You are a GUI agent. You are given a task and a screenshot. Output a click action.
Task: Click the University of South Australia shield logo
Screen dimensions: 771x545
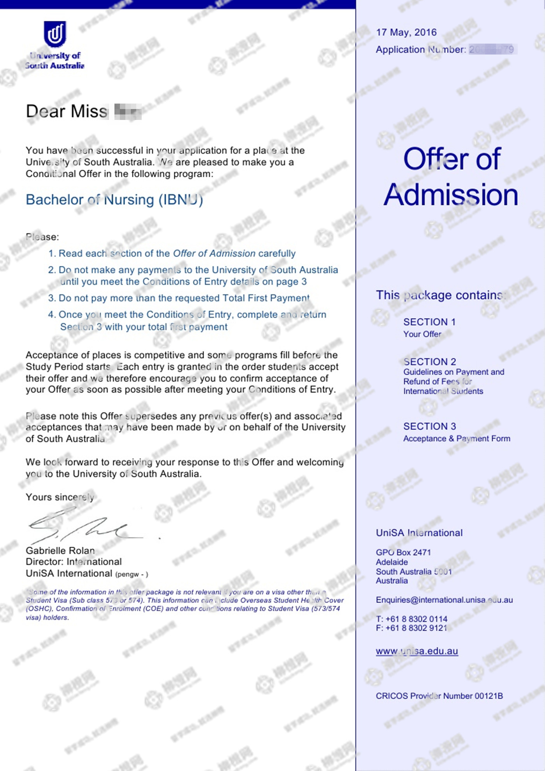55,34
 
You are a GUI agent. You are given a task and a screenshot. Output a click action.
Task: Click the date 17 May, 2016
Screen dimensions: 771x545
406,32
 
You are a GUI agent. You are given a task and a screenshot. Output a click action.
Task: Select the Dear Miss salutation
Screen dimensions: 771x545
67,111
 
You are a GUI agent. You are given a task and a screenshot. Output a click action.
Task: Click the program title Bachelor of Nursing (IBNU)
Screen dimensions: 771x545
114,200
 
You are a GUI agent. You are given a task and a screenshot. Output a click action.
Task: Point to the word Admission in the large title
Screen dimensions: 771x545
451,195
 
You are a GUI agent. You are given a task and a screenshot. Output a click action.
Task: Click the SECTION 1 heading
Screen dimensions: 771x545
429,322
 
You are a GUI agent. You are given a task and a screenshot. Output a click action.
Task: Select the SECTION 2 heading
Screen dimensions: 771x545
429,362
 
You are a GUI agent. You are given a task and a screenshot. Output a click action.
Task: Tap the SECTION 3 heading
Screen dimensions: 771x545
429,426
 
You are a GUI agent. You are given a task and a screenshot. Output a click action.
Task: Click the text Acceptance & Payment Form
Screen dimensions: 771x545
456,438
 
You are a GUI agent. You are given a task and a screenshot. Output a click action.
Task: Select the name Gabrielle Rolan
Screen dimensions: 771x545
60,551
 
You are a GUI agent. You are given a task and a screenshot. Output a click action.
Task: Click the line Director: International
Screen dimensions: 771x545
74,562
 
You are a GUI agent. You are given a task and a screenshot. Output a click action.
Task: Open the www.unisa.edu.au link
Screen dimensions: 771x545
417,651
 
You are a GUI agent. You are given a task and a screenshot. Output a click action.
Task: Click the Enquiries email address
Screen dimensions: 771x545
444,600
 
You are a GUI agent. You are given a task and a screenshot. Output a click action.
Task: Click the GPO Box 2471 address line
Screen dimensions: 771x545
403,552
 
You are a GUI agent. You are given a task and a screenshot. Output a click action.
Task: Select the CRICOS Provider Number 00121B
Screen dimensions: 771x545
439,696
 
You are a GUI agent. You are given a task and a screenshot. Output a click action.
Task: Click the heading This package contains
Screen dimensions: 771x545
440,295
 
